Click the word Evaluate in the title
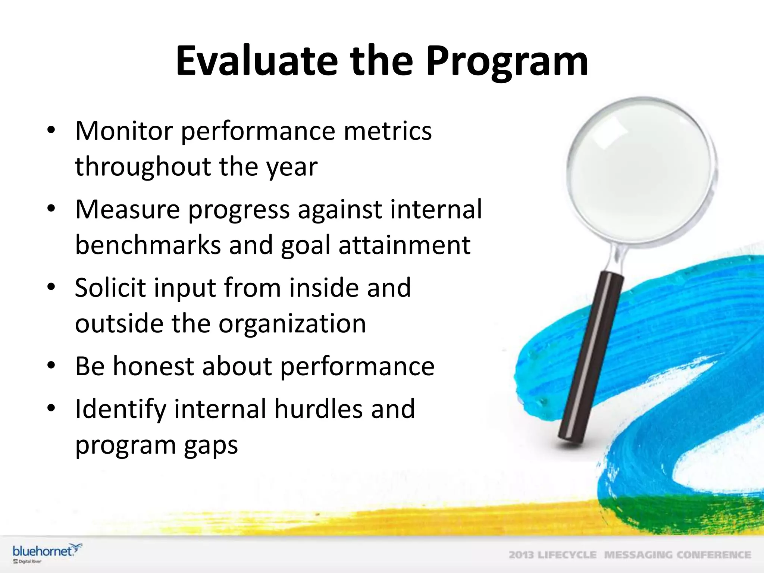pos(257,61)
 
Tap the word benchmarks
pos(148,245)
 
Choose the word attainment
pos(404,245)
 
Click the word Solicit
pos(110,288)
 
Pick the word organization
pos(292,323)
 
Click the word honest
pos(153,366)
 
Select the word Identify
pos(120,409)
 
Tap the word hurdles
pos(318,409)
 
